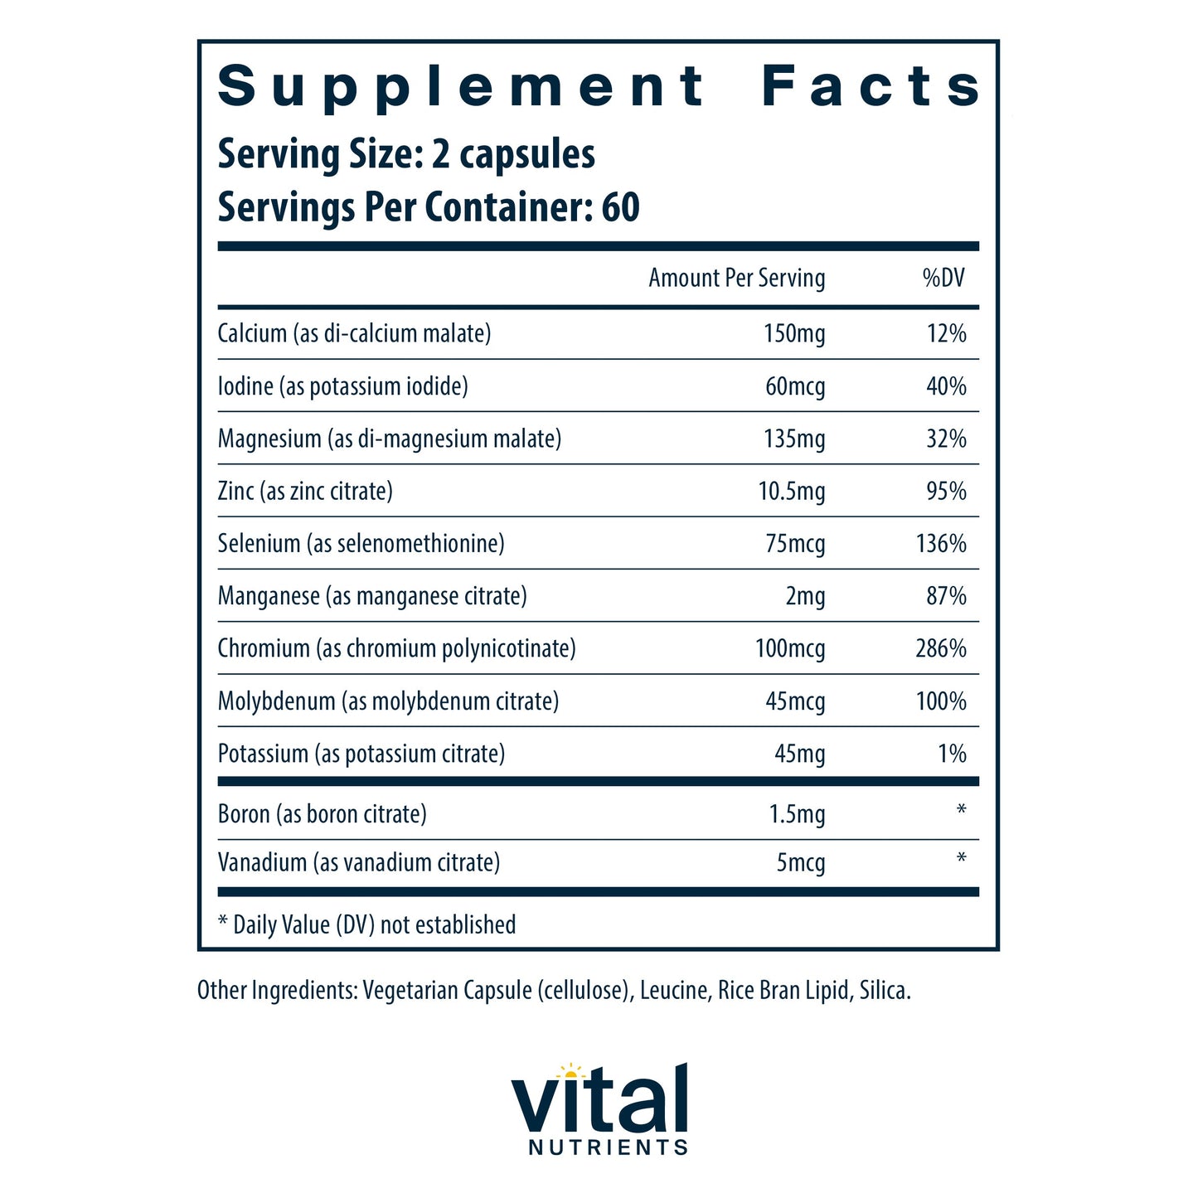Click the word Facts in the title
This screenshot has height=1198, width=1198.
point(871,86)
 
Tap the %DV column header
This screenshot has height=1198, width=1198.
point(943,278)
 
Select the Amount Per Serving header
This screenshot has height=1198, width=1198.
point(736,278)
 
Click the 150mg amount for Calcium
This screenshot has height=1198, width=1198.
point(793,333)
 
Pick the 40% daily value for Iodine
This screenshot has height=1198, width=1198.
point(946,386)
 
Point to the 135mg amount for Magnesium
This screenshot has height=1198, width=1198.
point(793,439)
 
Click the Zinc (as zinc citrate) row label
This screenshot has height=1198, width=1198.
point(305,492)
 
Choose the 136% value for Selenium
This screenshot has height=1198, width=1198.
point(940,544)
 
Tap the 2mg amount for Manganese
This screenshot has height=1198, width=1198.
point(805,596)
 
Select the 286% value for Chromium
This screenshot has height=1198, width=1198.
point(940,648)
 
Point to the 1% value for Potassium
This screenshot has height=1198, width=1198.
point(952,754)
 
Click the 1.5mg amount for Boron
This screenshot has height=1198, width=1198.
point(797,814)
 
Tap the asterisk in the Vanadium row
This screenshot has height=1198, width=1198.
point(961,857)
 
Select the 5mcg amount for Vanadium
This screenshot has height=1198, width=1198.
point(800,863)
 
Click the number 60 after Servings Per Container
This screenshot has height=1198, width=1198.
point(620,206)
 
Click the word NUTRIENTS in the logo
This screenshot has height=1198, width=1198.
point(608,1147)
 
